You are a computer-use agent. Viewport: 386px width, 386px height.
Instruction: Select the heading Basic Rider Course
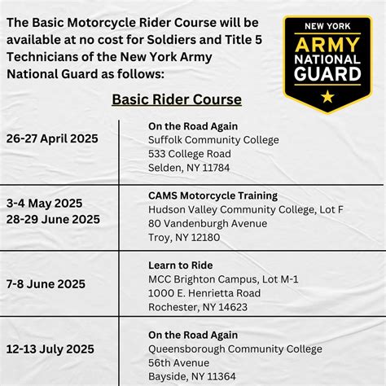(177, 99)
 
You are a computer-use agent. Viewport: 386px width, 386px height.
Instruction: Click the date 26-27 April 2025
(51, 138)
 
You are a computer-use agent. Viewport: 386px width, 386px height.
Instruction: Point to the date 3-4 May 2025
(44, 203)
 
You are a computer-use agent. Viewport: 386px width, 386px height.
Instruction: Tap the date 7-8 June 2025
(46, 283)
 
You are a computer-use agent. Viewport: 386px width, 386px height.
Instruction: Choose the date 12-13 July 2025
(50, 349)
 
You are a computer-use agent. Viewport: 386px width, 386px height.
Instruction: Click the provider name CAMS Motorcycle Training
(213, 195)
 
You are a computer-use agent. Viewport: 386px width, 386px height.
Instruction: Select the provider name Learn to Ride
(181, 265)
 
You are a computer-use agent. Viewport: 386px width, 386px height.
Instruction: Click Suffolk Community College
(213, 139)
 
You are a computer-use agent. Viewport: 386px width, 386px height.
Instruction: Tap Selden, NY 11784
(189, 167)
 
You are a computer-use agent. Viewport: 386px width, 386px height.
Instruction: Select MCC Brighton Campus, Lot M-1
(223, 279)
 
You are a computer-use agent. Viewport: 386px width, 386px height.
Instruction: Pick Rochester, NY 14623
(198, 307)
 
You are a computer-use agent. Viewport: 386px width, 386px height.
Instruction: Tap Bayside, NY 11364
(192, 377)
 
